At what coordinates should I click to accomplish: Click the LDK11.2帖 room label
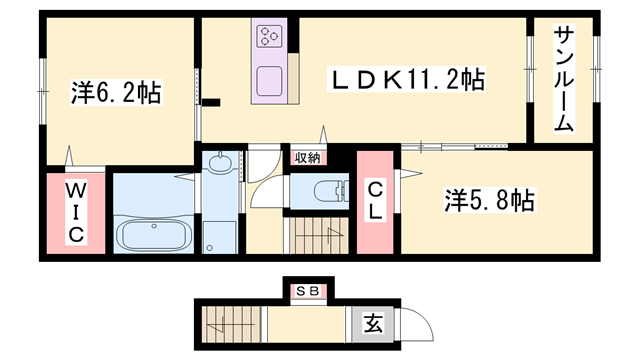[408, 80]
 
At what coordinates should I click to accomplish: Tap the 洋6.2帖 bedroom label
[117, 93]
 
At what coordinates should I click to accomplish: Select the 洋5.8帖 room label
[489, 200]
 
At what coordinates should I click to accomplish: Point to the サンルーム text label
[564, 78]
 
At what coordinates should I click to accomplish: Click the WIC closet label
[76, 213]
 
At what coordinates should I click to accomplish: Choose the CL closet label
[375, 201]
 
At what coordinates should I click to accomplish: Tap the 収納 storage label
[308, 158]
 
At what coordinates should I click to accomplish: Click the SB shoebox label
[308, 291]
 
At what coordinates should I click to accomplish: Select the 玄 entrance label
[373, 324]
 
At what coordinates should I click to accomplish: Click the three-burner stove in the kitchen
[269, 36]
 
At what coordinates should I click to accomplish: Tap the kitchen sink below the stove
[269, 81]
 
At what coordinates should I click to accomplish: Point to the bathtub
[154, 235]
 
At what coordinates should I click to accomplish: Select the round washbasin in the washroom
[220, 162]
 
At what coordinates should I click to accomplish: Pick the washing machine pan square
[220, 237]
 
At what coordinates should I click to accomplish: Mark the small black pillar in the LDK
[211, 102]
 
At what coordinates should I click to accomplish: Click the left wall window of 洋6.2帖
[43, 91]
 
